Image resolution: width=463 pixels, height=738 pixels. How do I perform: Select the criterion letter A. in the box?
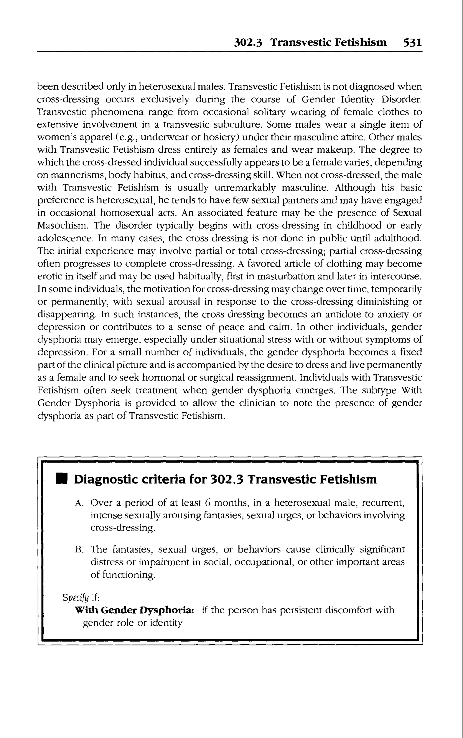[79, 503]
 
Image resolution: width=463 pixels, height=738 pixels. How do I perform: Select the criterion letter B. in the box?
[79, 550]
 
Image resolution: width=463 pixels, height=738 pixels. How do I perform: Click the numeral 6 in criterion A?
[207, 503]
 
